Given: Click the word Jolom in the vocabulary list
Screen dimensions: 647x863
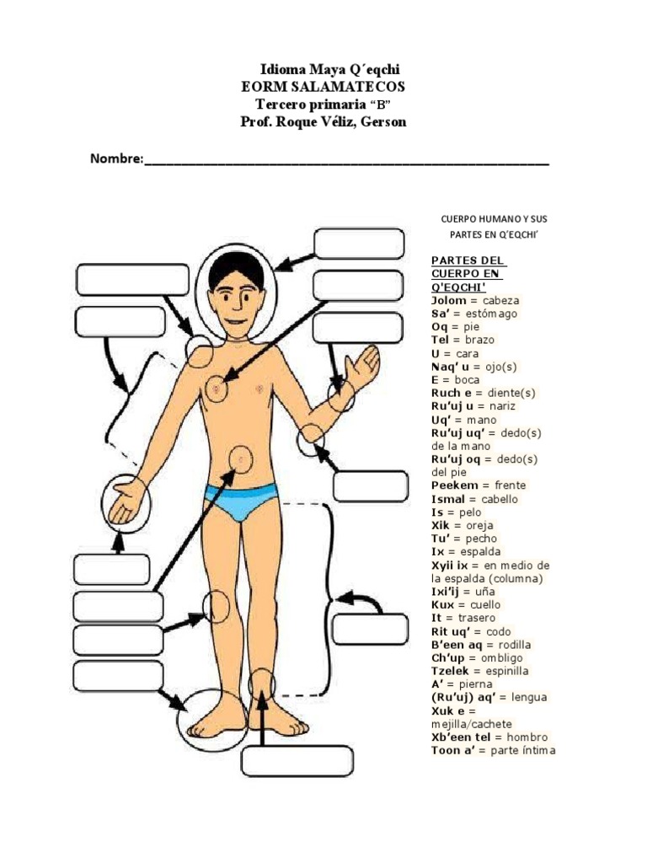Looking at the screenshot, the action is click(448, 301).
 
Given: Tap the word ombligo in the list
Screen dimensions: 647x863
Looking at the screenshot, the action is click(502, 658).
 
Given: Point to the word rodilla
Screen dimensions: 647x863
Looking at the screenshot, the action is click(515, 645).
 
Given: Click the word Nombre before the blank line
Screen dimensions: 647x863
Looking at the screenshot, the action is click(115, 158).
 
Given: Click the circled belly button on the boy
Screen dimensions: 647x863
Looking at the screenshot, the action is click(241, 459).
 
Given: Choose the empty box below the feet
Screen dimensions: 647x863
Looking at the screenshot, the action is click(297, 761).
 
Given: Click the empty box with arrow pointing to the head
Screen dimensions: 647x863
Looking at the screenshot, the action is click(359, 244).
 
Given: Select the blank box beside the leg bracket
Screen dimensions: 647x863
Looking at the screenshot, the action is click(371, 629).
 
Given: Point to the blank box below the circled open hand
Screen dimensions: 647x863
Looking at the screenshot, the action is click(112, 569).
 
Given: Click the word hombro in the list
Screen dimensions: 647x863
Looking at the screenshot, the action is click(527, 737).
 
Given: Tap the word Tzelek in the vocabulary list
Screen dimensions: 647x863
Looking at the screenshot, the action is click(450, 672).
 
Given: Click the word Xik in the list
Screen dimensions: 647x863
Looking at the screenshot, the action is click(440, 526).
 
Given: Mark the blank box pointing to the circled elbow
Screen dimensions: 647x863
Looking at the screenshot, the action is click(371, 486).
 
